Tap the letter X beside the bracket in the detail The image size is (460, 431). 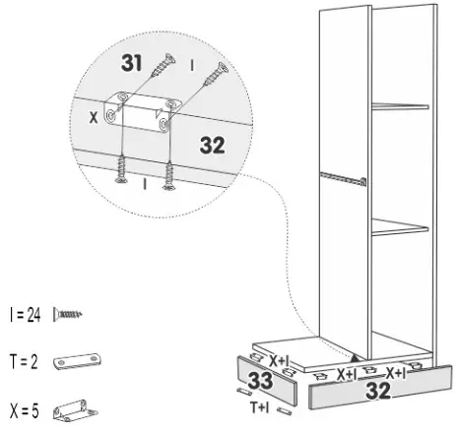pos(93,115)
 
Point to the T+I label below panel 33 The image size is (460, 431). pos(260,405)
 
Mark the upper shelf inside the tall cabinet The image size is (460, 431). pos(399,105)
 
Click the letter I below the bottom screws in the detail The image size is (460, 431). pos(145,184)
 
